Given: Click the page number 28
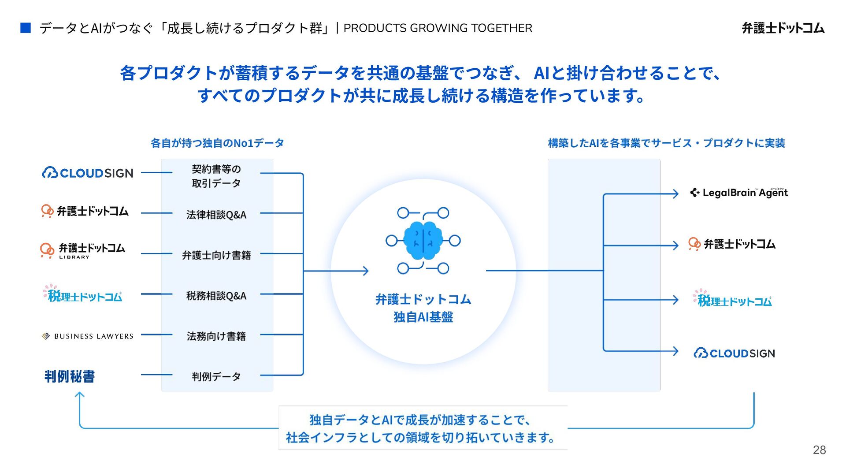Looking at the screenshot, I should tap(819, 450).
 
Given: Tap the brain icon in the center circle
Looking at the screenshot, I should tap(423, 241).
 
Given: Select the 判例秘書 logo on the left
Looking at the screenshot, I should tap(70, 376).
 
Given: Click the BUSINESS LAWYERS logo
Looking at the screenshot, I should tap(88, 336).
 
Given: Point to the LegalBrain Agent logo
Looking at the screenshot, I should tap(739, 193).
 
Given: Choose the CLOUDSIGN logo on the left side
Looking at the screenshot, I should tap(88, 173).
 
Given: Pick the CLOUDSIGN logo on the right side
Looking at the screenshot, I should tap(734, 353).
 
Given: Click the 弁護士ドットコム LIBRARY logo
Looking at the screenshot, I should tap(83, 250).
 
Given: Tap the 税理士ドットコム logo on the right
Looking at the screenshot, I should tap(732, 299).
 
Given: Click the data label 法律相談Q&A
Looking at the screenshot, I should tap(216, 215).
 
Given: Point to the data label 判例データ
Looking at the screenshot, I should tap(216, 377).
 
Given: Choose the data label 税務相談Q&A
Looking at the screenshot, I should tap(216, 296).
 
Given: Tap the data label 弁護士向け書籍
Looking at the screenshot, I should tap(216, 255).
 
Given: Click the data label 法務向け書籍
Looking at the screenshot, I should tap(216, 336).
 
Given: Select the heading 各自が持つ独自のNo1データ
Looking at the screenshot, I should tap(217, 143).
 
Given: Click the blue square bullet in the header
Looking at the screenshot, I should tap(26, 28).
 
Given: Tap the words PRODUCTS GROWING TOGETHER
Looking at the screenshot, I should tap(438, 28).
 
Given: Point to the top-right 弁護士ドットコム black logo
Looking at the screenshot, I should tap(783, 28).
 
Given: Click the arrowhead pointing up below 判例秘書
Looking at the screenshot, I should tap(80, 395).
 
